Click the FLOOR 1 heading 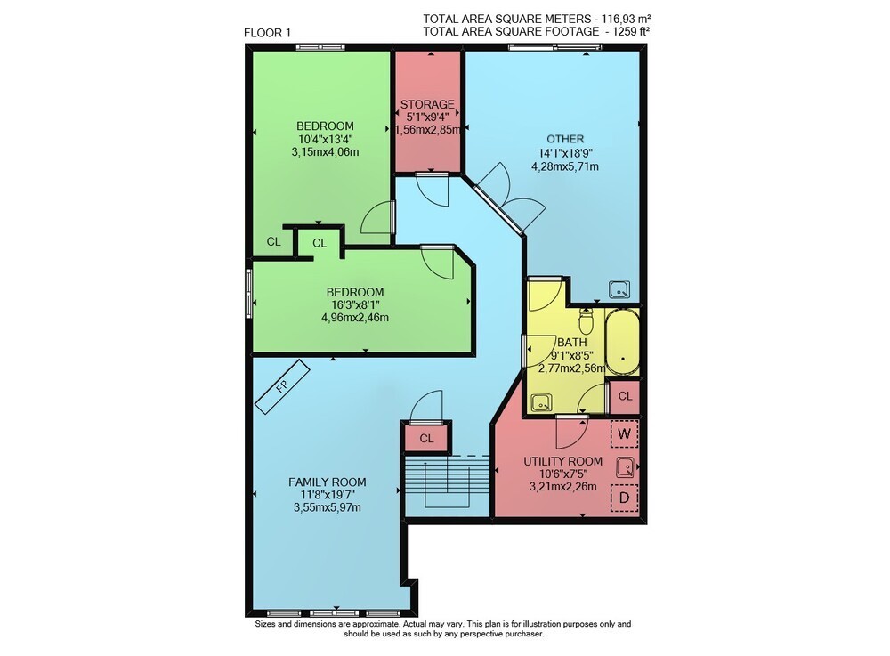click(x=267, y=33)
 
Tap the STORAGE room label click(x=427, y=104)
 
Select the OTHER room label click(x=565, y=139)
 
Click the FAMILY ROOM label click(x=327, y=482)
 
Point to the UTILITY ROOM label click(x=563, y=461)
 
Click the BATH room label click(x=572, y=343)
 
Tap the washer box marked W click(x=625, y=434)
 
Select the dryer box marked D click(x=625, y=498)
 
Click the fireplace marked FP click(x=282, y=387)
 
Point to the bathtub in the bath click(x=622, y=342)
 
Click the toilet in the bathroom click(x=586, y=321)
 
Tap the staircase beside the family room click(x=447, y=485)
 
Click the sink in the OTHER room click(x=619, y=289)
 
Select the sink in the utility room click(x=626, y=467)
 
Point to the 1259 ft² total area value click(x=631, y=32)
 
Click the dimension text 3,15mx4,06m click(x=325, y=152)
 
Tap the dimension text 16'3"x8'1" click(x=355, y=305)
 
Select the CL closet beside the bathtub click(x=625, y=396)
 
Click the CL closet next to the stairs click(x=426, y=439)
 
